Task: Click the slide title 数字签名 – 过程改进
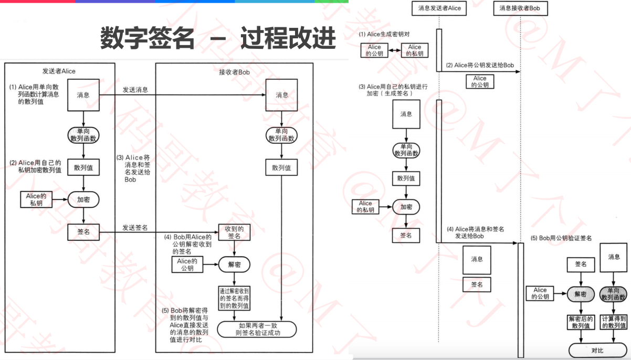217,38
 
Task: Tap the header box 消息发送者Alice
439,8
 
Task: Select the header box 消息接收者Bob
520,8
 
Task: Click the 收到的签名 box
234,232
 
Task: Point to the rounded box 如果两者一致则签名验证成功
257,329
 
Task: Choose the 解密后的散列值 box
580,322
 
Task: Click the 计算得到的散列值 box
614,322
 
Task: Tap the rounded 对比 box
597,350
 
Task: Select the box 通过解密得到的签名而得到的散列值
234,298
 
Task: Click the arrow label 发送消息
135,90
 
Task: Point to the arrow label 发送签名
135,228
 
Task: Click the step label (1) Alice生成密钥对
386,35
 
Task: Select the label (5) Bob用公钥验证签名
561,238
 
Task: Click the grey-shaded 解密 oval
580,294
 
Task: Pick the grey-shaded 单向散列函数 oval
614,294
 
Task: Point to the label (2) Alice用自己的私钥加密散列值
35,166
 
